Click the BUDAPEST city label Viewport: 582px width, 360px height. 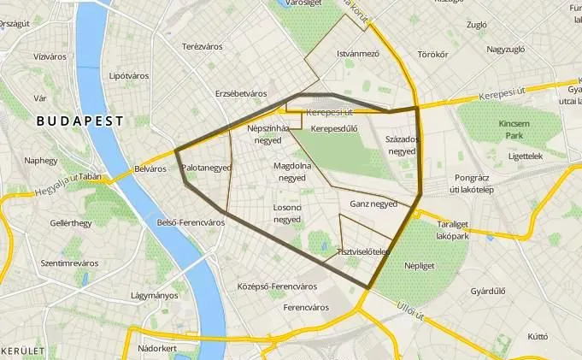(x=80, y=121)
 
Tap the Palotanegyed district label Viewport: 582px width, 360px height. (x=207, y=168)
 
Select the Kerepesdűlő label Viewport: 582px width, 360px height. (x=334, y=129)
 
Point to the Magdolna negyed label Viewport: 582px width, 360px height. (x=291, y=171)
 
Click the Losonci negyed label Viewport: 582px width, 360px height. (x=287, y=213)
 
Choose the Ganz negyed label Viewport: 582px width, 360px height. (x=373, y=204)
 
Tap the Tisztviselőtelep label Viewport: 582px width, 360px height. (x=363, y=251)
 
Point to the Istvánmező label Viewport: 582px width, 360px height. (x=357, y=53)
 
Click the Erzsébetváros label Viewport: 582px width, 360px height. (x=241, y=93)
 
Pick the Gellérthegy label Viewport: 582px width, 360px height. (x=71, y=223)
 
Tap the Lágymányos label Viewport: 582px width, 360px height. (x=155, y=296)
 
